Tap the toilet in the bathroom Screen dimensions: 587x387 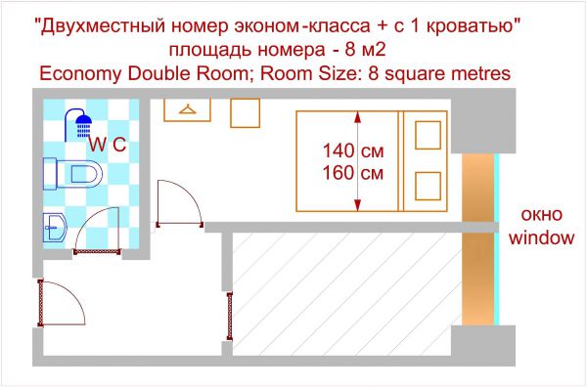coord(73,174)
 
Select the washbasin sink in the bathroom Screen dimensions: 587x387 coord(55,228)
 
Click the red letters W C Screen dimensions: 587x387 coord(108,145)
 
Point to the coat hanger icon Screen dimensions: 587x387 coord(188,109)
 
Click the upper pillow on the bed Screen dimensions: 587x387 coord(428,135)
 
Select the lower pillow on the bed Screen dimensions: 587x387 coord(428,186)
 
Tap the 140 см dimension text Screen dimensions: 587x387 coord(353,151)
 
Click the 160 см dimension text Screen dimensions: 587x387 coord(353,173)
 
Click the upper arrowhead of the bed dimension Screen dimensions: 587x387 coord(357,117)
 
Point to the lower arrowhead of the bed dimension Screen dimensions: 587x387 coord(357,205)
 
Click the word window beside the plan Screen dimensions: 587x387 coord(541,237)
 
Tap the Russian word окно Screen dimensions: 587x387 coord(542,215)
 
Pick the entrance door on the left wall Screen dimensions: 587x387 coord(40,303)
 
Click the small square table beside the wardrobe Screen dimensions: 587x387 coord(246,113)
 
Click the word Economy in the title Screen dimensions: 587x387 coord(80,73)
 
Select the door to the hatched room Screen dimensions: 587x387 coord(230,317)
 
